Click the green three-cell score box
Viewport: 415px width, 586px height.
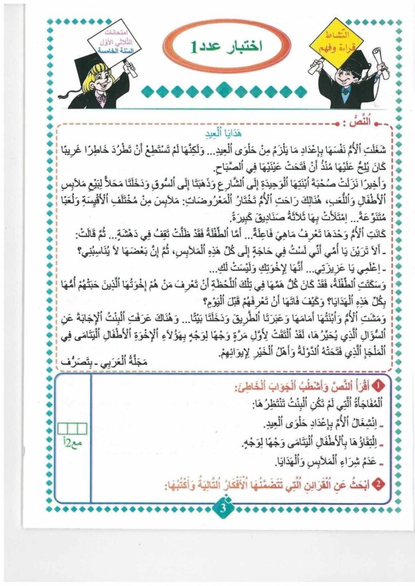(75, 427)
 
